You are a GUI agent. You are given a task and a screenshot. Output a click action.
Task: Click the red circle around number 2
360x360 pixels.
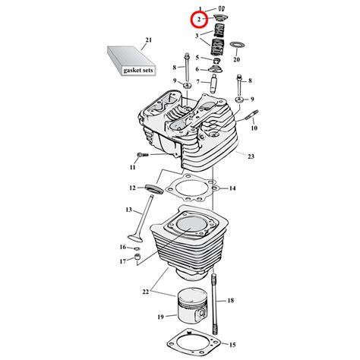coord(198,18)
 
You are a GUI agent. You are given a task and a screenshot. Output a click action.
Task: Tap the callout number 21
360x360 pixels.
coord(148,39)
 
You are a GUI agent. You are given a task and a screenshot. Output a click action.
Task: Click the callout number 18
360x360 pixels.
coord(230,302)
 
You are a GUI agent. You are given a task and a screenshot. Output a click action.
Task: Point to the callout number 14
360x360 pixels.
coord(232,188)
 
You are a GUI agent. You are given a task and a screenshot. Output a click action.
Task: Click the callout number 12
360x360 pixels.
coord(131,188)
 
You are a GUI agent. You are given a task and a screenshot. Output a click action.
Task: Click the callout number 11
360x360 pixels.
coord(132,166)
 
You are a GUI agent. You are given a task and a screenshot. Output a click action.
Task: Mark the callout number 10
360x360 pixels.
coord(253,128)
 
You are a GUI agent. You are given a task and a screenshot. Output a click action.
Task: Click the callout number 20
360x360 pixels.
coord(236,58)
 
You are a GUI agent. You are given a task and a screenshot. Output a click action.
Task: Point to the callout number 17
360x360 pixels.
coord(122,262)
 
